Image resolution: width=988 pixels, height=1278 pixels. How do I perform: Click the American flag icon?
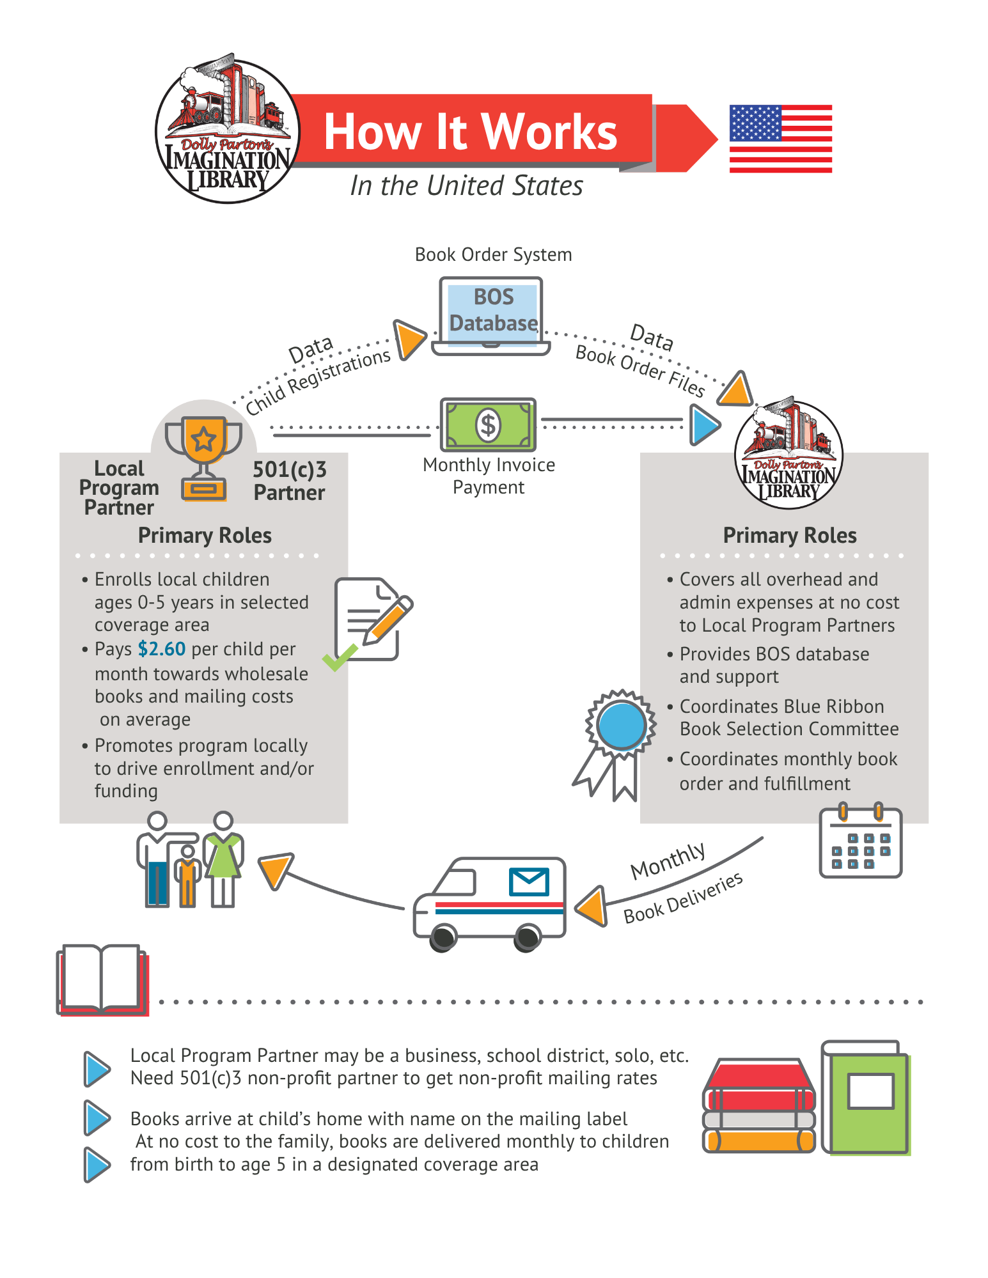coord(781,139)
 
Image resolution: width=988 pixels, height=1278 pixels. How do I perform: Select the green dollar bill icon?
coord(488,425)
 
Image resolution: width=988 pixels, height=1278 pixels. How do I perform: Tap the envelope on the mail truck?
coord(529,882)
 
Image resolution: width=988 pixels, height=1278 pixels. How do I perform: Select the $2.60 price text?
coord(162,649)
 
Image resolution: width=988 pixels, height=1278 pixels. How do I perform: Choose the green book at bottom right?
coord(866,1098)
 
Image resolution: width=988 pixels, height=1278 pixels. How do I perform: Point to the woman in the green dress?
coord(223,859)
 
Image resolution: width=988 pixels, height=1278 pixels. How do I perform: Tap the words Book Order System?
coord(493,254)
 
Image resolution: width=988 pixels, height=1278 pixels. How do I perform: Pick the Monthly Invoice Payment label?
coord(489,476)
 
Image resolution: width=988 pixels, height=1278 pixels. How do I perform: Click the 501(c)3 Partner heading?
coord(290,481)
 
